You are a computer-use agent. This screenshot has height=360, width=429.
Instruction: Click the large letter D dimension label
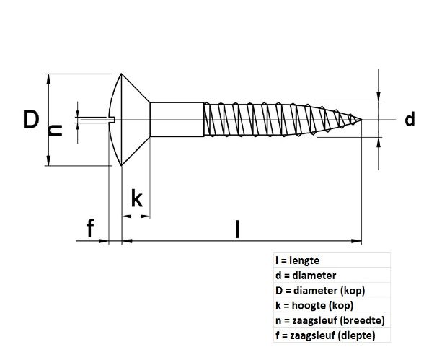pos(30,119)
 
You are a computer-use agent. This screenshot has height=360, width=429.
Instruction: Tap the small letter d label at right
pos(410,120)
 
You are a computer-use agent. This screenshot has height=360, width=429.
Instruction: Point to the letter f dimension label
pos(89,229)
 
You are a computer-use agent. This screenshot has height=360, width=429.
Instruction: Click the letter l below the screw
pos(237,229)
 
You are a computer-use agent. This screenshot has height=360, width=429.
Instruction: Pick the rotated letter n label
pos(55,130)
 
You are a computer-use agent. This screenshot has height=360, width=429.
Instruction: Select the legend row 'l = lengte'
pos(297,260)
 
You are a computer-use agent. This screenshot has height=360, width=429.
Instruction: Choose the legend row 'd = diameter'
pos(306,276)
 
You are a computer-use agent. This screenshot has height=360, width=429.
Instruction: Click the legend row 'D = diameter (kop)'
pos(320,291)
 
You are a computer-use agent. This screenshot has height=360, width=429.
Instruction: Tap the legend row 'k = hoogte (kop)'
pos(317,306)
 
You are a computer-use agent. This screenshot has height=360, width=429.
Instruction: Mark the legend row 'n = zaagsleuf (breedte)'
pos(330,320)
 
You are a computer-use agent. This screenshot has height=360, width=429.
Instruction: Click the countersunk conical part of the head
pos(133,120)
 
